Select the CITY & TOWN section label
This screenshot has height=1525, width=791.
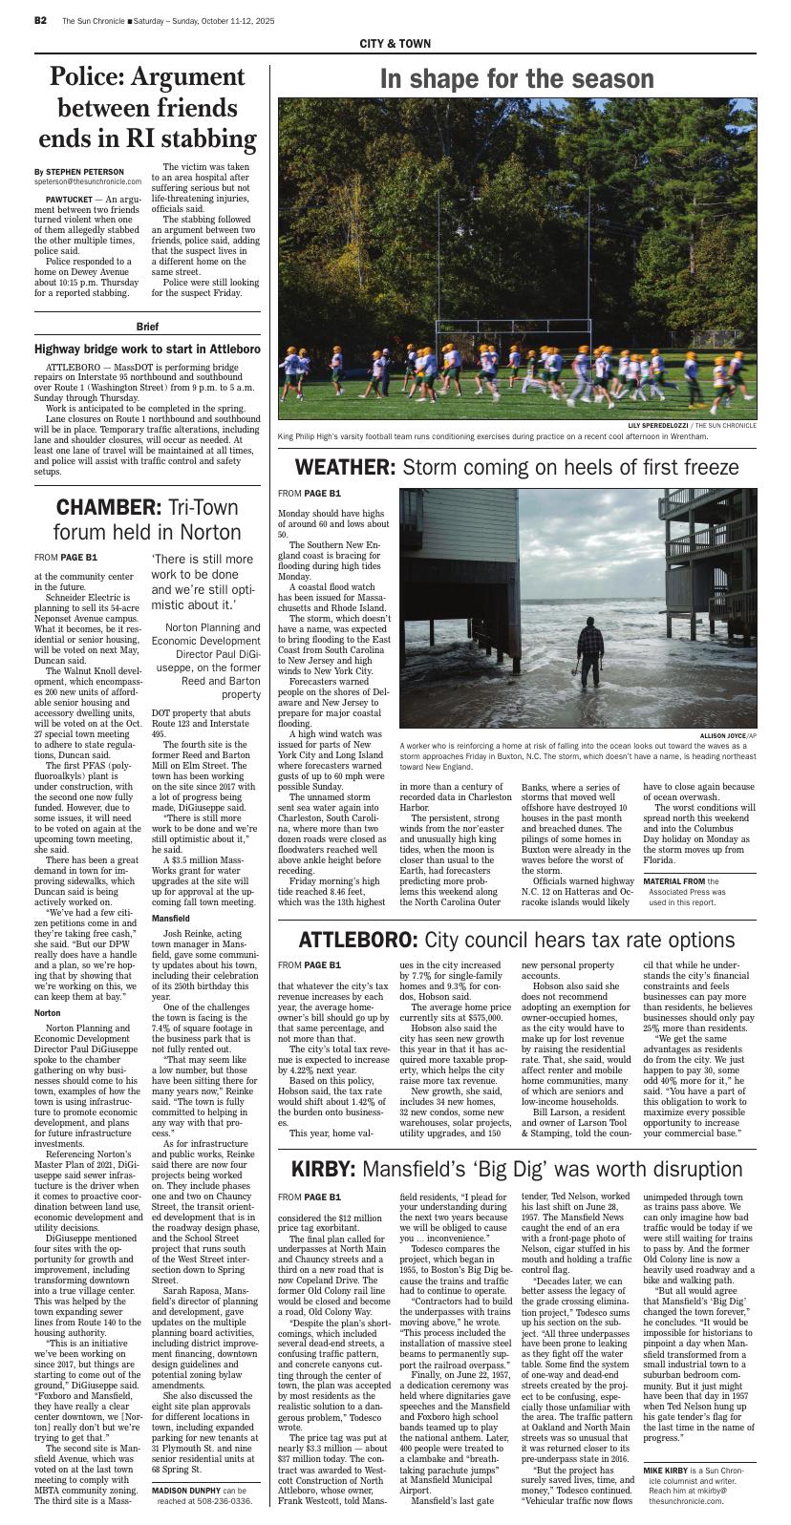395,44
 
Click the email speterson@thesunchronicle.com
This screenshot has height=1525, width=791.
88,180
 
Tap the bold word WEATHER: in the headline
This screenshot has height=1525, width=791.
344,467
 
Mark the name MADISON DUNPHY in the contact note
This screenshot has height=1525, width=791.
186,1490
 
